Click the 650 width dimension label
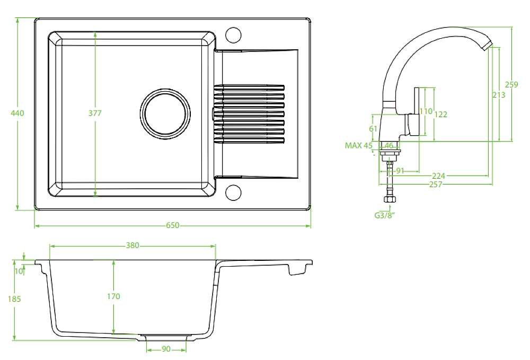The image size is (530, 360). (172, 225)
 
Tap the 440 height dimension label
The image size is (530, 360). (17, 113)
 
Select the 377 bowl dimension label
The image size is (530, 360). (95, 113)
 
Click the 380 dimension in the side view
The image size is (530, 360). (132, 245)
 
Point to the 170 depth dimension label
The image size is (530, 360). (113, 296)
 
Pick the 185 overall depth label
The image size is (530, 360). (14, 299)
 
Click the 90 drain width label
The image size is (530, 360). (166, 349)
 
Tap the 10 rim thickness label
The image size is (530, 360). (19, 271)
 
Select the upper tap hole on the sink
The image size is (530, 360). (233, 35)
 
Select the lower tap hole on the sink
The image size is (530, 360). (233, 192)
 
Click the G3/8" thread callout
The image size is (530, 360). (384, 215)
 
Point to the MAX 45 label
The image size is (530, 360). (358, 146)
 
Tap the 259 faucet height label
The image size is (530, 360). (511, 84)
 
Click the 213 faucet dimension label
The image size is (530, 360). (499, 95)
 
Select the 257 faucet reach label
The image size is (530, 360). (435, 185)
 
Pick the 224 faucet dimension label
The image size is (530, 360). (438, 176)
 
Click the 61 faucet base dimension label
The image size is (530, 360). (373, 129)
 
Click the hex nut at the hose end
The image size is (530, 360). (390, 199)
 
